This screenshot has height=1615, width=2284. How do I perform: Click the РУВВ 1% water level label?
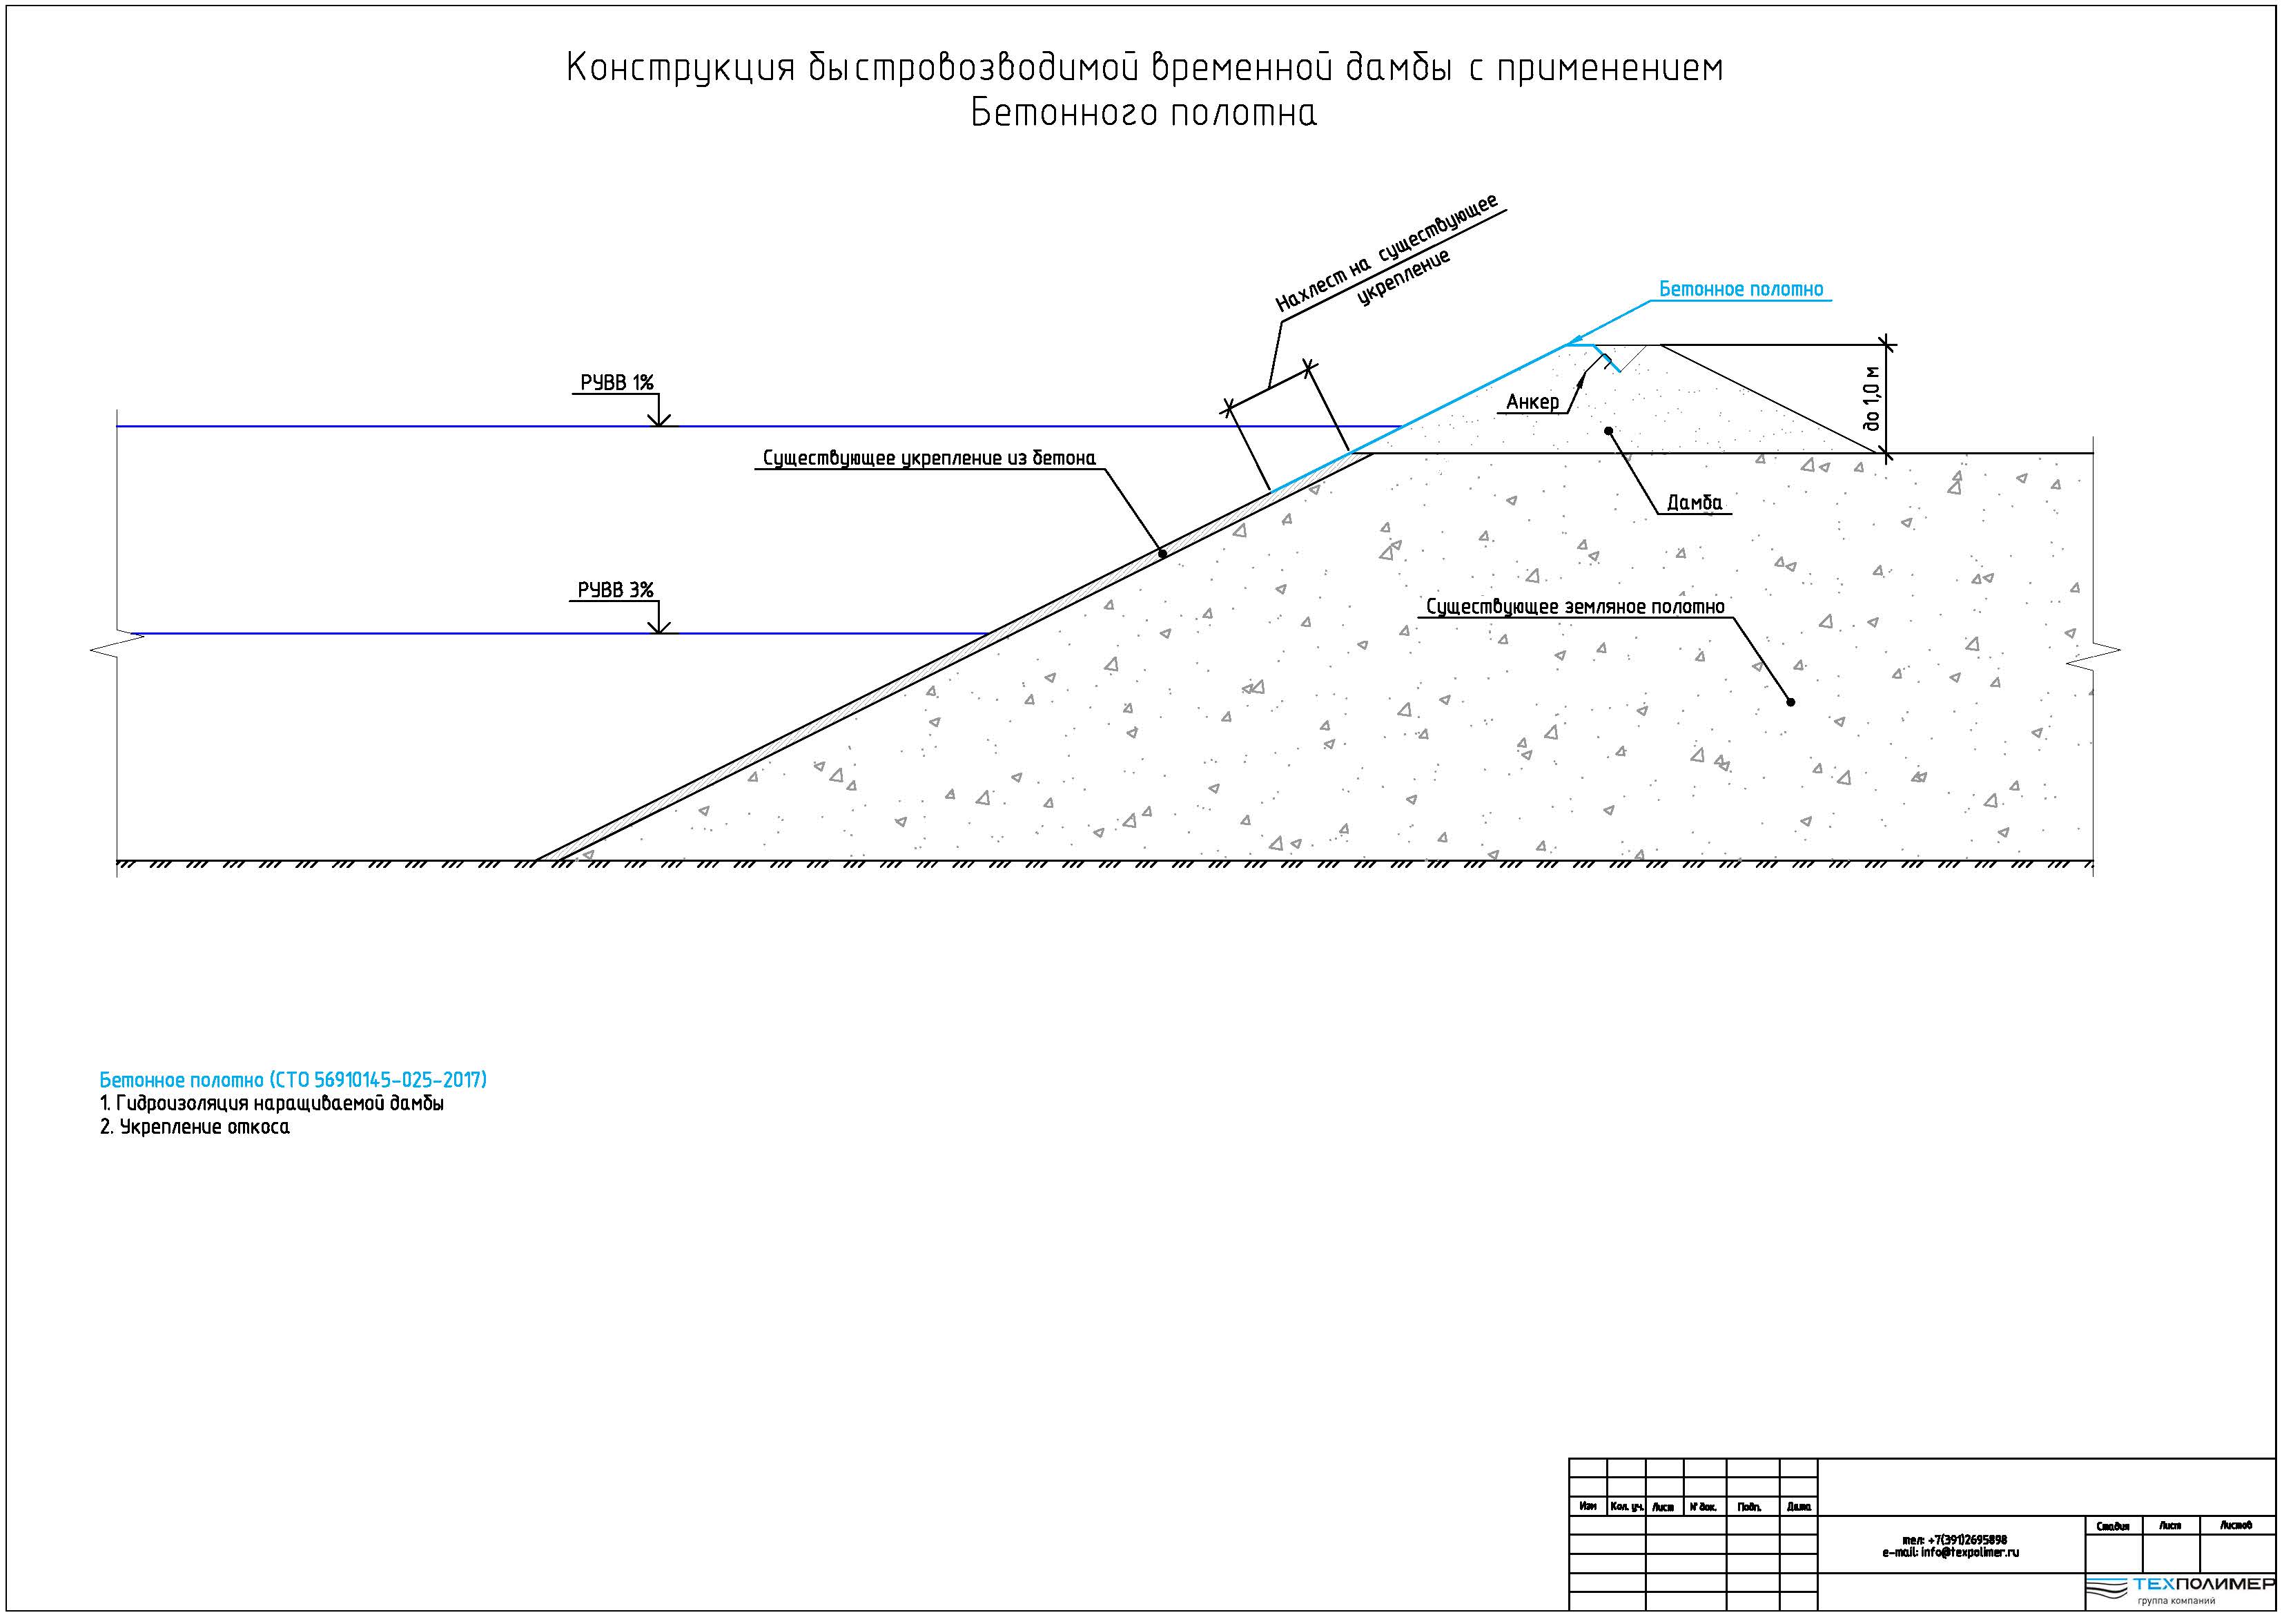coord(617,383)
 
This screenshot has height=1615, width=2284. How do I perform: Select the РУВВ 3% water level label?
coord(616,590)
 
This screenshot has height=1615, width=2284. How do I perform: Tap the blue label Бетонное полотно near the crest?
coord(1741,289)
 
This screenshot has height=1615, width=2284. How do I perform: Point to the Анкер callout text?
coord(1532,402)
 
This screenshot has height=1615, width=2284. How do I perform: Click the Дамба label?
coord(1694,503)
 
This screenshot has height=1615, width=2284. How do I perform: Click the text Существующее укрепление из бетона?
coord(929,458)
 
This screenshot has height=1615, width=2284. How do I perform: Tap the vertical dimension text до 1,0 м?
coord(1872,397)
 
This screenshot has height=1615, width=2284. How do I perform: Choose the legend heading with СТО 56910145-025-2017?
coord(293,1080)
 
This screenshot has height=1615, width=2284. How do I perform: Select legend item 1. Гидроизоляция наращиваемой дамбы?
coord(271,1103)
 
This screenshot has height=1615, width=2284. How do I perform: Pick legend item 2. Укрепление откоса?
coord(195,1128)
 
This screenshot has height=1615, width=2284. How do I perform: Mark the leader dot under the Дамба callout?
coord(1608,431)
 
